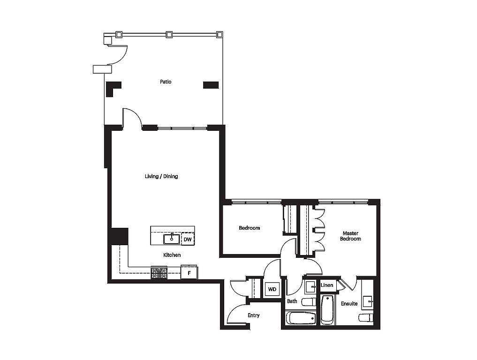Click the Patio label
(x=166, y=82)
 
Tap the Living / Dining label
(x=161, y=176)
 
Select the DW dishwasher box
(x=188, y=239)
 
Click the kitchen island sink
(x=172, y=239)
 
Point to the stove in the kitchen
(x=159, y=273)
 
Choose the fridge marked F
(x=189, y=272)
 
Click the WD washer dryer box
(x=272, y=289)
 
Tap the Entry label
(x=253, y=315)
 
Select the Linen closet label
(x=327, y=285)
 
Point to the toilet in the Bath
(x=309, y=302)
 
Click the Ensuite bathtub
(x=327, y=309)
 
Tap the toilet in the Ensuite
(x=366, y=317)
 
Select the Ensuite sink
(x=368, y=301)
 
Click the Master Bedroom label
(x=350, y=236)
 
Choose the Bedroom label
(x=250, y=228)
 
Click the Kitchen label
(x=172, y=255)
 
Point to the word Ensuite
(x=349, y=303)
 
